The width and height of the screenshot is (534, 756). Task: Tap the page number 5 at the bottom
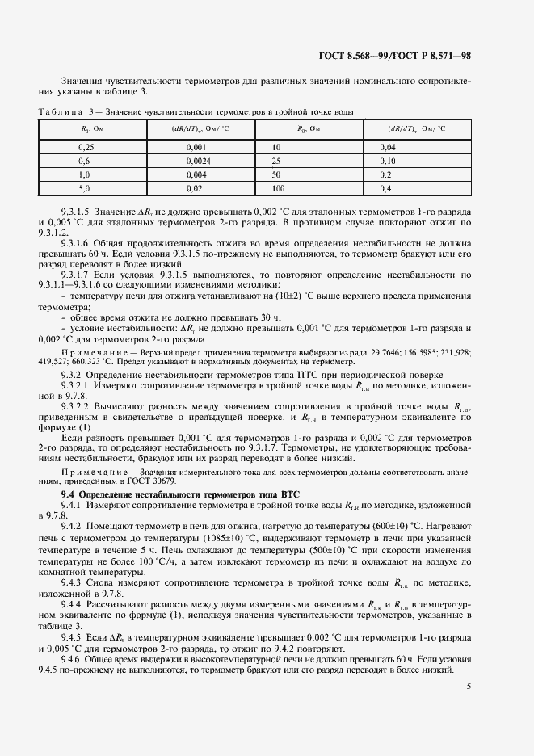point(469,687)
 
